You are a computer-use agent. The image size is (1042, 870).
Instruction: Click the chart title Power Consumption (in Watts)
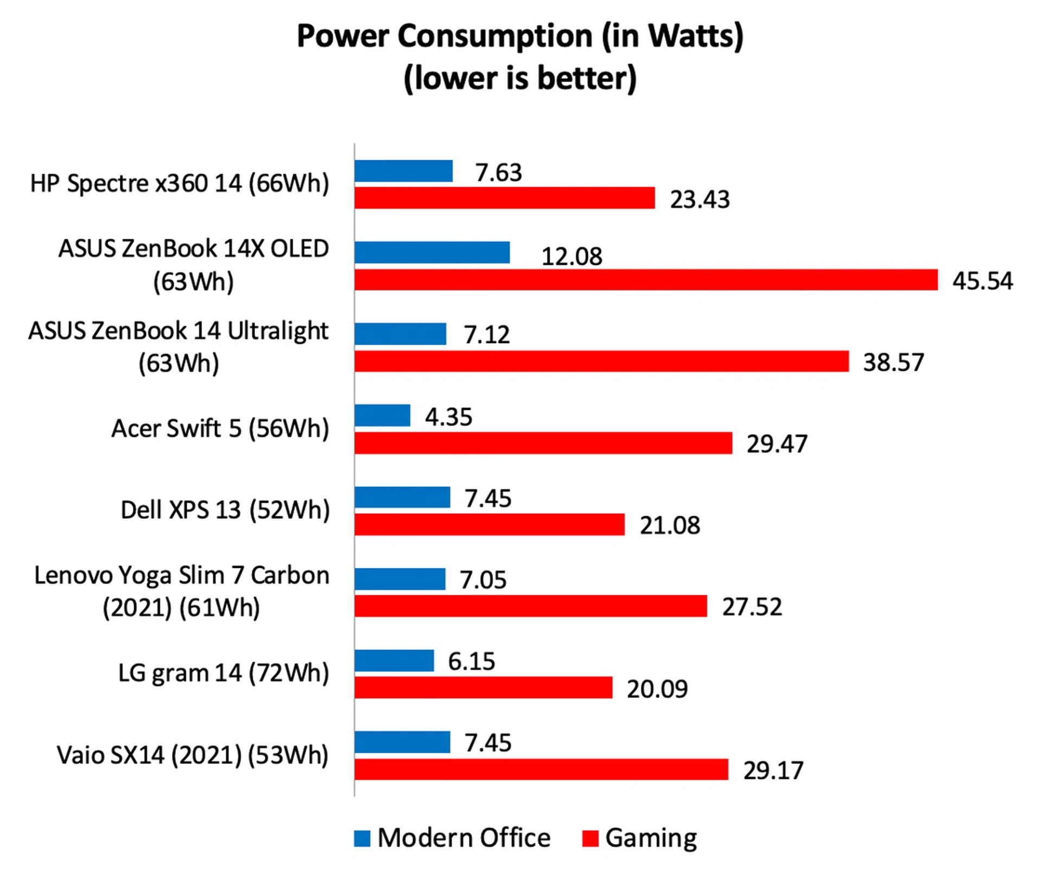[520, 37]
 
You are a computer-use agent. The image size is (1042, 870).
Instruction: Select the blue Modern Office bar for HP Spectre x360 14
[403, 171]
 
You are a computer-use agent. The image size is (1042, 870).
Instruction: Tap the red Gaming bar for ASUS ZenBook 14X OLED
[646, 280]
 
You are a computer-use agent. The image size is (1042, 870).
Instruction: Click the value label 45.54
[982, 281]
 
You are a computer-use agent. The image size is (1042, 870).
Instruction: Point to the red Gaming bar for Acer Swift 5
[543, 443]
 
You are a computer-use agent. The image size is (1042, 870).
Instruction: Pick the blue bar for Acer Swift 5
[382, 416]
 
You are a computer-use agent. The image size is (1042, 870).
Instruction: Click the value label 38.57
[893, 363]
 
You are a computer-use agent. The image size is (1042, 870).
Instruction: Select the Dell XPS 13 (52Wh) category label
[225, 510]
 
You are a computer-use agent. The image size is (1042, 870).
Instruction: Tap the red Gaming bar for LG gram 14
[483, 688]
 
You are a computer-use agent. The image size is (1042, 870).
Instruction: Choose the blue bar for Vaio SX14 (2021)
[402, 742]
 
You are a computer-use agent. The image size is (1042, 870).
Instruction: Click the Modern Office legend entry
[463, 838]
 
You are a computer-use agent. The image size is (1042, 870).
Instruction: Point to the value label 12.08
[571, 257]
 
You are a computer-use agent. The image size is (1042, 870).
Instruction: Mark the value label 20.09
[657, 689]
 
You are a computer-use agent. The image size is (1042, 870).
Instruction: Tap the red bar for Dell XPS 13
[490, 525]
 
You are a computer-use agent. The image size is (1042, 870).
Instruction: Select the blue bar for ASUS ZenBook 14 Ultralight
[400, 334]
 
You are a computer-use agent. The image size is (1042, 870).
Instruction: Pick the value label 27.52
[752, 607]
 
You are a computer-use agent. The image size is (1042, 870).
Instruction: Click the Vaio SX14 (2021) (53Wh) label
[193, 755]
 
